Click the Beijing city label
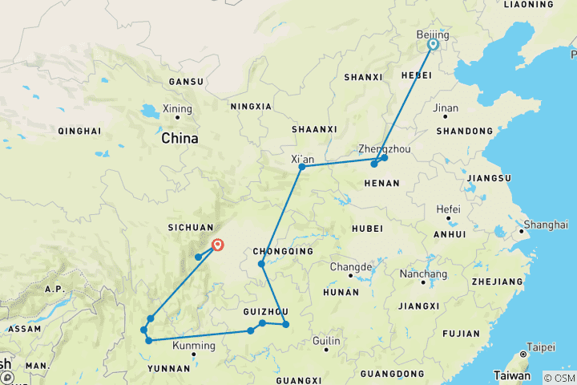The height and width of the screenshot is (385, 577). [x=434, y=35]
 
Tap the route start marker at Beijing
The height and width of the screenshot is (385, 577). [x=433, y=45]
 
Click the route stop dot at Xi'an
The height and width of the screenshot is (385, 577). [x=302, y=167]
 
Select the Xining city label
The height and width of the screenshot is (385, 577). [x=177, y=109]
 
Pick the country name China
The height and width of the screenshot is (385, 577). [x=180, y=138]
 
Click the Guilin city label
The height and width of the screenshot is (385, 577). [x=326, y=341]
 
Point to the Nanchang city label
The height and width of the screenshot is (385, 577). [x=424, y=274]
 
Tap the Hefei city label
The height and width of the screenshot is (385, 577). [x=448, y=209]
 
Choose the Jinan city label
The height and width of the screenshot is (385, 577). [x=445, y=108]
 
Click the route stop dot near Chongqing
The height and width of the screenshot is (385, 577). [x=261, y=264]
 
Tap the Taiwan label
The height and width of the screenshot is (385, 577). [x=511, y=375]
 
